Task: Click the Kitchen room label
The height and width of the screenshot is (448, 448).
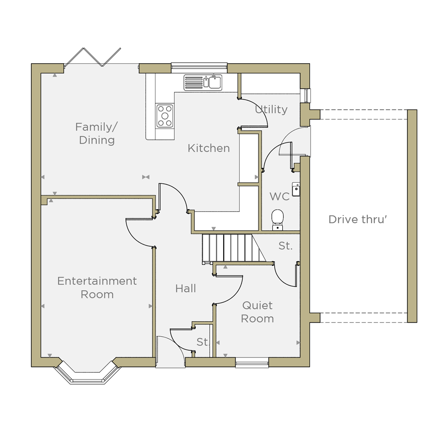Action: pyautogui.click(x=209, y=148)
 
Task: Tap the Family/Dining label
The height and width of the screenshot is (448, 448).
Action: pyautogui.click(x=97, y=134)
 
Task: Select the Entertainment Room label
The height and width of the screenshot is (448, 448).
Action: pyautogui.click(x=97, y=288)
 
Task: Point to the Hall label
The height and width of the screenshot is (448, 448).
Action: pyautogui.click(x=186, y=289)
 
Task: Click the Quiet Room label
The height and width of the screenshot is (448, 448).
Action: pyautogui.click(x=258, y=312)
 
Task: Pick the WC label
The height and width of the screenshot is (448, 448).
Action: pyautogui.click(x=280, y=197)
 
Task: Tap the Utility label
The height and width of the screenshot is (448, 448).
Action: pyautogui.click(x=271, y=109)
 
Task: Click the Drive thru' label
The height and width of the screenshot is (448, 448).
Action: pyautogui.click(x=358, y=220)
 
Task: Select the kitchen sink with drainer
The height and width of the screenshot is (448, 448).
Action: pyautogui.click(x=203, y=82)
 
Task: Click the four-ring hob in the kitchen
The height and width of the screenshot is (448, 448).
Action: pyautogui.click(x=165, y=116)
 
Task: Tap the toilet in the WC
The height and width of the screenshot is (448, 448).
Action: pyautogui.click(x=277, y=220)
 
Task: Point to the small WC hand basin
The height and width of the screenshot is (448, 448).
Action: pyautogui.click(x=296, y=189)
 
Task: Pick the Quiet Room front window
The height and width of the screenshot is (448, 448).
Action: pyautogui.click(x=252, y=363)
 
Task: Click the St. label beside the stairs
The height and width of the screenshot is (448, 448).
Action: pyautogui.click(x=286, y=246)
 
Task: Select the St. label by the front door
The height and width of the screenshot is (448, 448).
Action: pyautogui.click(x=203, y=342)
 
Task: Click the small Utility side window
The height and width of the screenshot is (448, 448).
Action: pyautogui.click(x=306, y=95)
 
